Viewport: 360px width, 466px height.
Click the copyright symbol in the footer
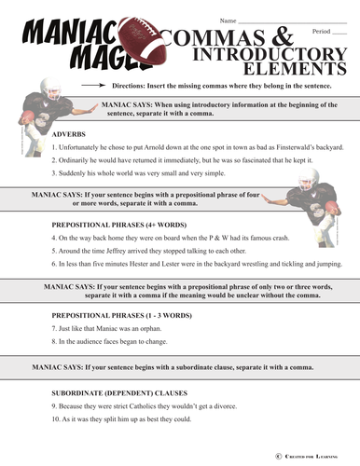pos(278,454)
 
